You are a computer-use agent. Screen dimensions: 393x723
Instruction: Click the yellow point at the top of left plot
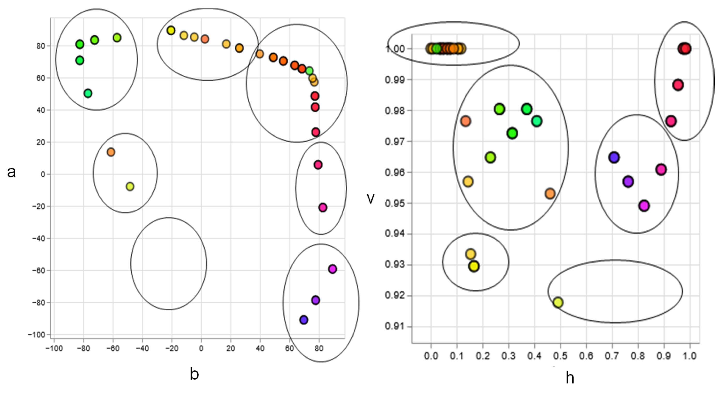coord(171,30)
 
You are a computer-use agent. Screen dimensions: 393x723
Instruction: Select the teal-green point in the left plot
coord(88,93)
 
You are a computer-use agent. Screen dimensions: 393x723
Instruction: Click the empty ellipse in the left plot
coord(169,264)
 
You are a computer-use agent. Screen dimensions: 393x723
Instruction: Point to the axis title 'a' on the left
coord(11,172)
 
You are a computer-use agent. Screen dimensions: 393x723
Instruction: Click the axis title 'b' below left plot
coord(194,374)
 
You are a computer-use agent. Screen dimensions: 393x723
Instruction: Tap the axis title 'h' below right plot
coord(569,378)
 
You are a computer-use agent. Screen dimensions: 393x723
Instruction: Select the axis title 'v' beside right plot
coord(370,199)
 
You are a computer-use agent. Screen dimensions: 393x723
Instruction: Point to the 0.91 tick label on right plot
coord(394,326)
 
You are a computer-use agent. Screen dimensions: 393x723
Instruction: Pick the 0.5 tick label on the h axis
coord(560,356)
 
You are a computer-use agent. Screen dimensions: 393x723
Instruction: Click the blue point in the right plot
coord(614,158)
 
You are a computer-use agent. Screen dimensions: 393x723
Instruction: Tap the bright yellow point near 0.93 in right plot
coord(474,266)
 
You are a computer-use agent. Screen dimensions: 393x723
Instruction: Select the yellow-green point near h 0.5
coord(558,303)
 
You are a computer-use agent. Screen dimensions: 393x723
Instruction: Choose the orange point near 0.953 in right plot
coord(550,193)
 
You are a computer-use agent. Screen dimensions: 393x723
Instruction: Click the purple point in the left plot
coord(315,300)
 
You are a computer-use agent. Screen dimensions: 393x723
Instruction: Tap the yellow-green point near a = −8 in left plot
coord(130,186)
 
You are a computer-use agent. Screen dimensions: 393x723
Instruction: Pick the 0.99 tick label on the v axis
coord(394,80)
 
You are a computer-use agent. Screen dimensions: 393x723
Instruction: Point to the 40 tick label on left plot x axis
coord(260,349)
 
